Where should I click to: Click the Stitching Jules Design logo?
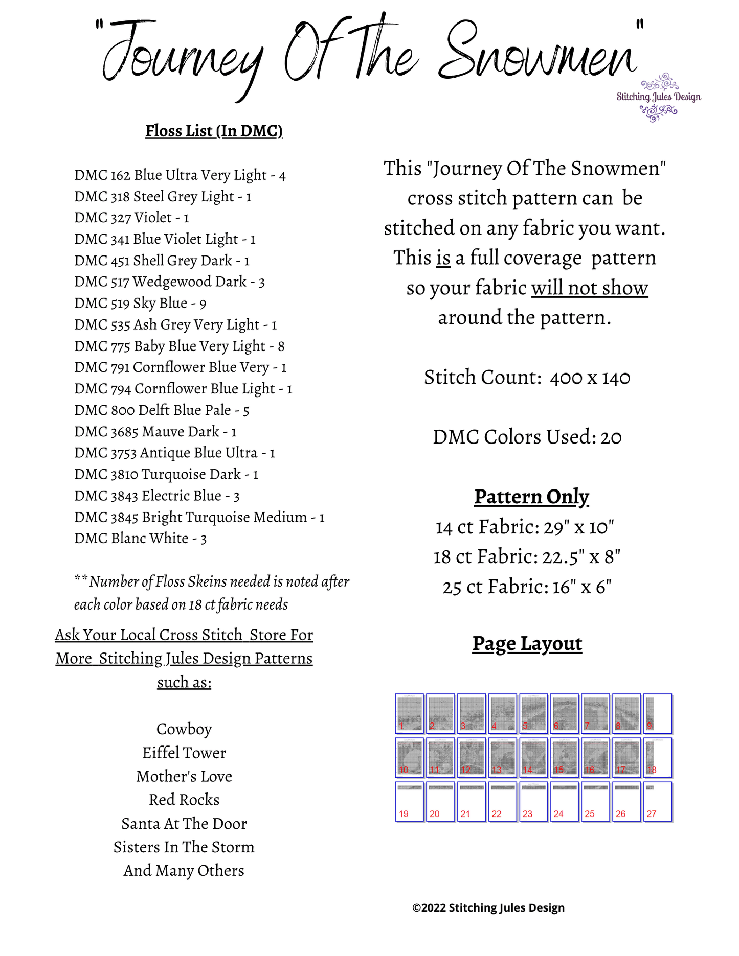658,97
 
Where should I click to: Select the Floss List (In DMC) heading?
214,131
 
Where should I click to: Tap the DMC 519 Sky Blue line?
140,303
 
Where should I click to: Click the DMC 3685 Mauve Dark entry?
155,432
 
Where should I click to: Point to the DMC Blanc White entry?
140,539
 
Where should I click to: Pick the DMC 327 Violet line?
131,218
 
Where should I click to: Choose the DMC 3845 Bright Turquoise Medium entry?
199,517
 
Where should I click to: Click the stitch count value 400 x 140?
590,378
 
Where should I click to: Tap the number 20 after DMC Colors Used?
611,437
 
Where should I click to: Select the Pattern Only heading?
531,497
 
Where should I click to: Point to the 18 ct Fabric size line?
527,556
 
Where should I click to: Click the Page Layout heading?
527,644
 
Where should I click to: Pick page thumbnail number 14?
533,757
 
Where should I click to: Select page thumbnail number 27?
658,801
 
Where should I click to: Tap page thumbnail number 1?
410,713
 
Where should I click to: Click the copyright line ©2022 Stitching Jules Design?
488,907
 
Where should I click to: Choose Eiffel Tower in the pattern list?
184,753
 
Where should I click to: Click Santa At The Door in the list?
184,824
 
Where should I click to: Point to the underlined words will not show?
589,288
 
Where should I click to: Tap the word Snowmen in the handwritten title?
537,56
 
